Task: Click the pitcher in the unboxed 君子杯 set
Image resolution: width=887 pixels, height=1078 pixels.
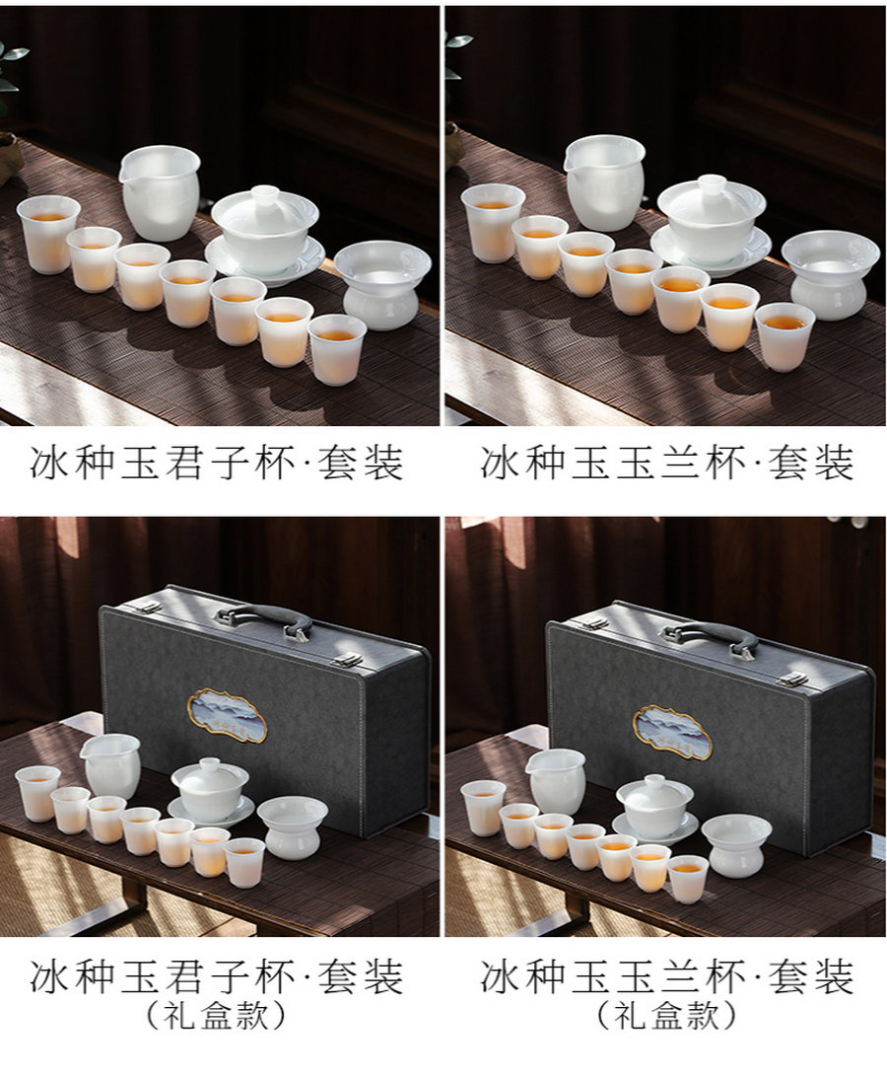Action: pyautogui.click(x=160, y=193)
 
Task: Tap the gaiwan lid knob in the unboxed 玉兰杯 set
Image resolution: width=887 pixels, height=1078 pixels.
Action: pyautogui.click(x=714, y=186)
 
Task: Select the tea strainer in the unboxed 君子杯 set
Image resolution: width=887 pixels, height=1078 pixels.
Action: pyautogui.click(x=382, y=285)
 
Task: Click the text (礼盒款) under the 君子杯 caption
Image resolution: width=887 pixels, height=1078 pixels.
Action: pyautogui.click(x=216, y=1015)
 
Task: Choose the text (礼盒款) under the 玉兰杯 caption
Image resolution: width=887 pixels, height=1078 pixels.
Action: pyautogui.click(x=666, y=1015)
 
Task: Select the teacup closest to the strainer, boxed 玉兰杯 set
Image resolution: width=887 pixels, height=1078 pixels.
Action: pyautogui.click(x=688, y=879)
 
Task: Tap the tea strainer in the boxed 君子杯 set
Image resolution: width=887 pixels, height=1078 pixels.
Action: pyautogui.click(x=293, y=827)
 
